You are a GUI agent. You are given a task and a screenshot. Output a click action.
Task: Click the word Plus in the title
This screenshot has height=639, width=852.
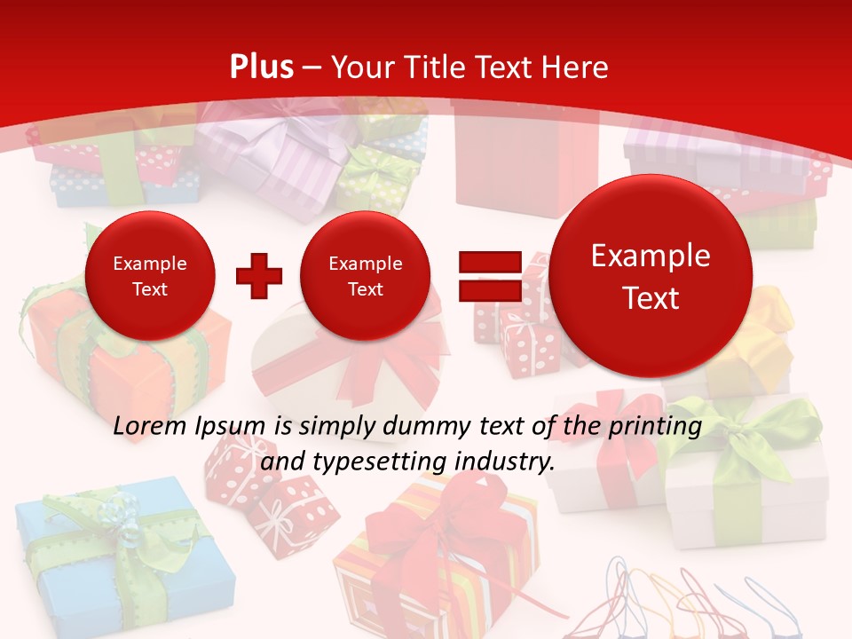click(x=261, y=67)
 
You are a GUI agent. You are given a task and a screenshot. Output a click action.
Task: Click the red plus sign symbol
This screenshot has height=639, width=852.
click(x=259, y=275)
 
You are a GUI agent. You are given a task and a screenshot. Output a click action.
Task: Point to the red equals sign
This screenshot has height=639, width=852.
click(x=489, y=275)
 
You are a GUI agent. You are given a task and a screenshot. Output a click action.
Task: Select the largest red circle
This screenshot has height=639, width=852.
click(x=651, y=276)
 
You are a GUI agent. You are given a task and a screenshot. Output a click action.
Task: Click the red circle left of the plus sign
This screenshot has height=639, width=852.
click(x=149, y=276)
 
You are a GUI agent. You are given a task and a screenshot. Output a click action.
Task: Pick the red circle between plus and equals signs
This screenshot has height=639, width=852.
click(x=365, y=276)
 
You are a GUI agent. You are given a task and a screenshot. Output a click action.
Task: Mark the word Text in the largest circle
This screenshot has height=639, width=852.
click(x=651, y=298)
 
